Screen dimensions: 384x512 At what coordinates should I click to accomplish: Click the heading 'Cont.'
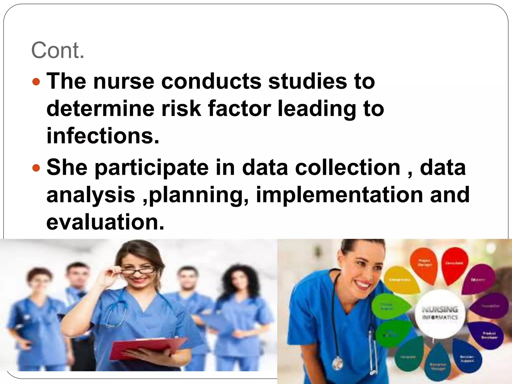[57, 50]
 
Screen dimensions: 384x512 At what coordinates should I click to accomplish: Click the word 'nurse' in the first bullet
[124, 81]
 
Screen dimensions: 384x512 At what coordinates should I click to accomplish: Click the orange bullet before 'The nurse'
[36, 82]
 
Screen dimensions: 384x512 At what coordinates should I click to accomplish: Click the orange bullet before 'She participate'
[36, 168]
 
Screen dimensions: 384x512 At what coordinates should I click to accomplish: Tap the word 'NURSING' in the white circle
[440, 309]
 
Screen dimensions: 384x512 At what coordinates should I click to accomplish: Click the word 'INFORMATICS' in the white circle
[440, 317]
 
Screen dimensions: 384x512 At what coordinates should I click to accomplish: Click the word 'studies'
[307, 81]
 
